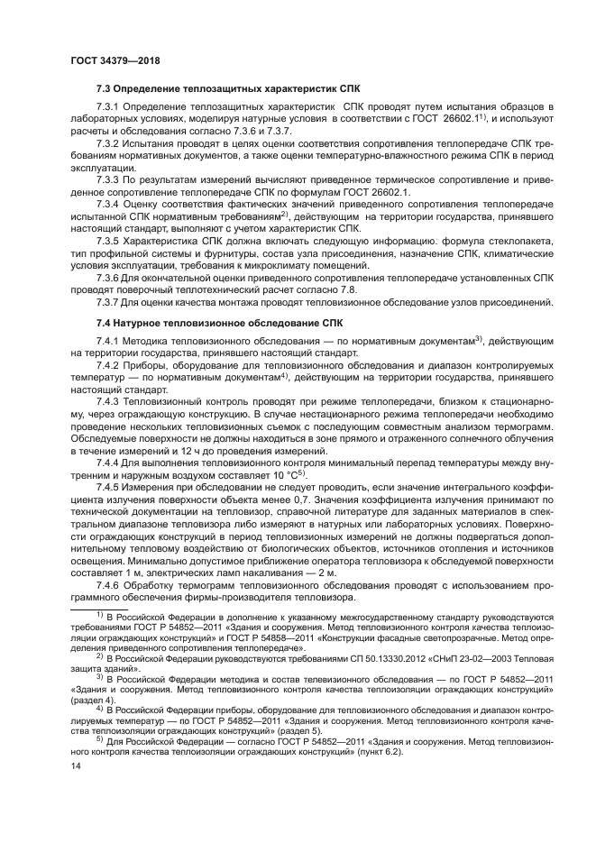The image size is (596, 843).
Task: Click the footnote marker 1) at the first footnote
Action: click(x=101, y=613)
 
